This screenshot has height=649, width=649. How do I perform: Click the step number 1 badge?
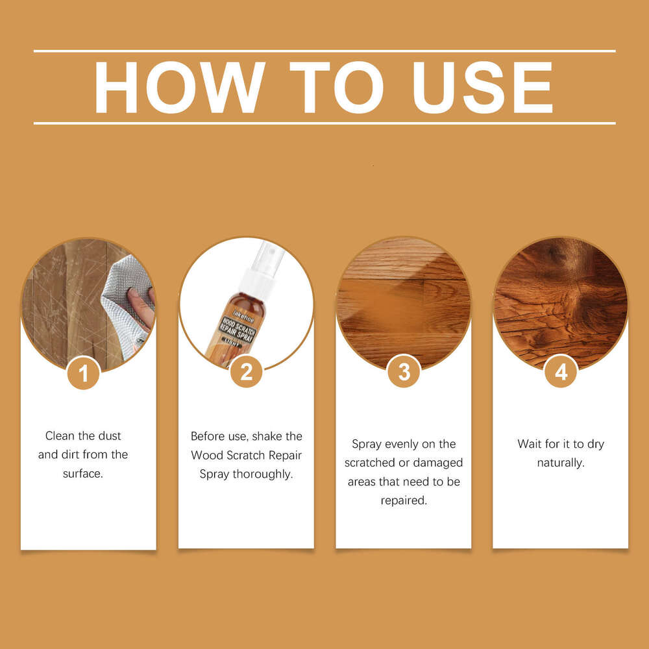83,373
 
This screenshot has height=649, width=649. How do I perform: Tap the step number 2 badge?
246,372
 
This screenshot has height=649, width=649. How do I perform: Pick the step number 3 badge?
404,372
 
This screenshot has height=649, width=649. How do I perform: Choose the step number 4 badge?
561,372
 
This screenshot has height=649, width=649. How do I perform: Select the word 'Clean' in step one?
60,435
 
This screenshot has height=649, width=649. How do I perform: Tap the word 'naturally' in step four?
561,463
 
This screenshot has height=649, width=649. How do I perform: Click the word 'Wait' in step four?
530,444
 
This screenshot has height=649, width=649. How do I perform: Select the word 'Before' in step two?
208,435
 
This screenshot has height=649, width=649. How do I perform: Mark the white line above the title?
324,51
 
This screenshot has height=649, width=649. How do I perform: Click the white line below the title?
324,123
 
